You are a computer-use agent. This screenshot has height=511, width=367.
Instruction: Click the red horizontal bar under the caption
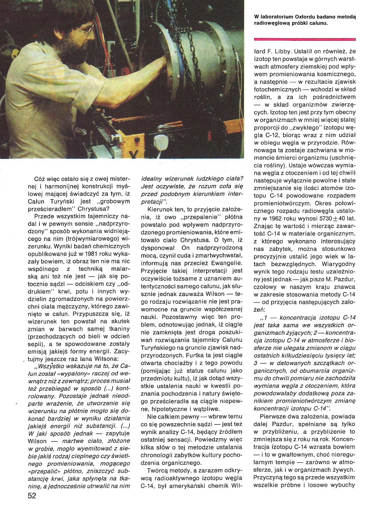coord(305,39)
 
